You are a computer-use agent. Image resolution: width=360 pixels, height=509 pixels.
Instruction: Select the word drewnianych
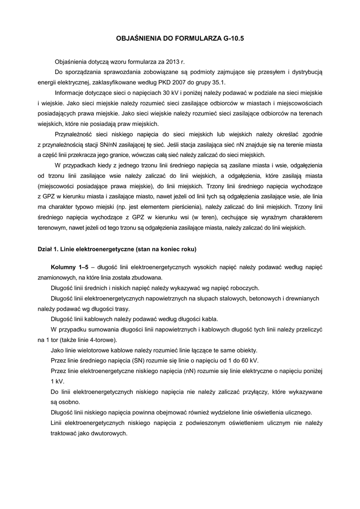point(301,298)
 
